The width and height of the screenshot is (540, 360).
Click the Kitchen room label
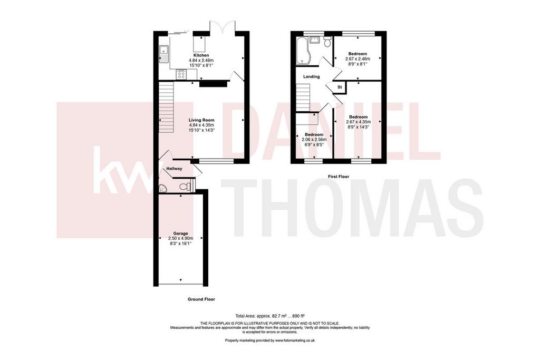[201, 55]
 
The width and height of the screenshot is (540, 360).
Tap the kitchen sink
[163, 54]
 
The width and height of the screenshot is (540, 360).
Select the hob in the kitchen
[181, 74]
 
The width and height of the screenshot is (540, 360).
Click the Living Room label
[201, 120]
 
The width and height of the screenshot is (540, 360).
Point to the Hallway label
[174, 169]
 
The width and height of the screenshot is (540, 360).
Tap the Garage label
[180, 233]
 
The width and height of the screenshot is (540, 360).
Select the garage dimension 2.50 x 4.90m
[180, 238]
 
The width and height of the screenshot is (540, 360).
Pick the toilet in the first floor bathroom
[327, 41]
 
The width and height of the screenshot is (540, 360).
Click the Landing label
[311, 77]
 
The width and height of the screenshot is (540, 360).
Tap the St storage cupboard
[339, 87]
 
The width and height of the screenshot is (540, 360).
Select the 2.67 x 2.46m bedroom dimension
[358, 59]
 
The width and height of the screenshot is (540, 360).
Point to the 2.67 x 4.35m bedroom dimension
[358, 122]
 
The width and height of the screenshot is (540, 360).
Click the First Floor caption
[338, 177]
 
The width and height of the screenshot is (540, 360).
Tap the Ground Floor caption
[201, 299]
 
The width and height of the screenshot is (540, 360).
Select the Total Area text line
[269, 316]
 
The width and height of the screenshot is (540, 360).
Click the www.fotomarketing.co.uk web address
[295, 340]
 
